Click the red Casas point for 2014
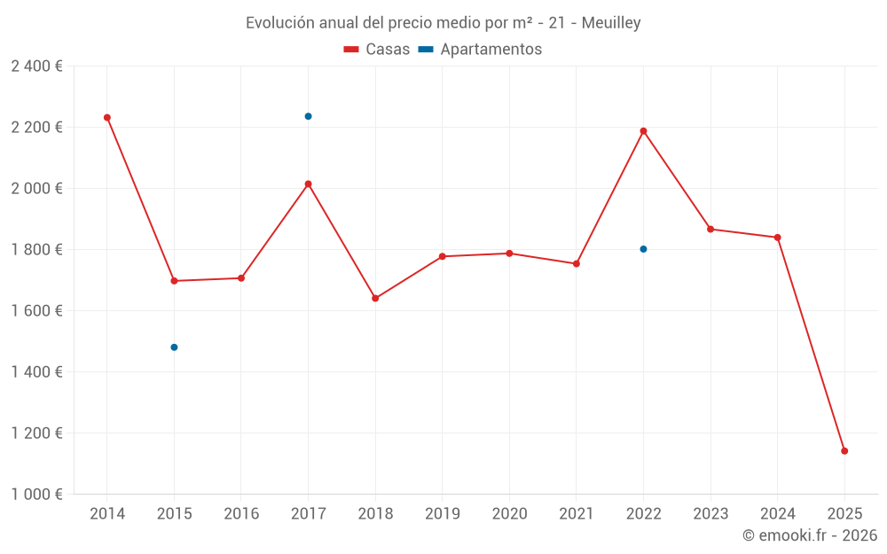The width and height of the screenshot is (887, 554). point(107,117)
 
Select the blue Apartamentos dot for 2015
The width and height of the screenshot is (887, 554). point(174,347)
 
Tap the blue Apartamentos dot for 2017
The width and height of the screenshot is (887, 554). point(308,116)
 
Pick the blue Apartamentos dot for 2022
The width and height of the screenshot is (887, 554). point(643,249)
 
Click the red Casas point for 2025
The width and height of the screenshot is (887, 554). point(844,451)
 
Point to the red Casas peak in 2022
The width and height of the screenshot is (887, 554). point(643,131)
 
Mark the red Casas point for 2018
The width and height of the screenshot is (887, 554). point(375,298)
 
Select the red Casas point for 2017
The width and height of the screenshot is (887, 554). point(308,183)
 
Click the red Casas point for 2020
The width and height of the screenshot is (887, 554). point(509,254)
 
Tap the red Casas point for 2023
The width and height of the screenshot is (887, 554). point(710,229)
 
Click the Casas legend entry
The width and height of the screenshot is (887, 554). point(377,50)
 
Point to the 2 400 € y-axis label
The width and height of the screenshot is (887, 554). point(36,66)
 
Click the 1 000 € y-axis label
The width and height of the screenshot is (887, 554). point(36,495)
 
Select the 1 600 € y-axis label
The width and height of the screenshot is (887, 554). point(36,311)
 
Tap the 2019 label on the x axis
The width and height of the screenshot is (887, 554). point(442,514)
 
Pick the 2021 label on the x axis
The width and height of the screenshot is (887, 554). point(577,514)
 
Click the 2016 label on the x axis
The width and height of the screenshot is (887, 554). point(241,514)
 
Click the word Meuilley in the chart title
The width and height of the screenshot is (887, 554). point(611,23)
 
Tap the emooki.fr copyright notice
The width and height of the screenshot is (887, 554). point(809,535)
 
